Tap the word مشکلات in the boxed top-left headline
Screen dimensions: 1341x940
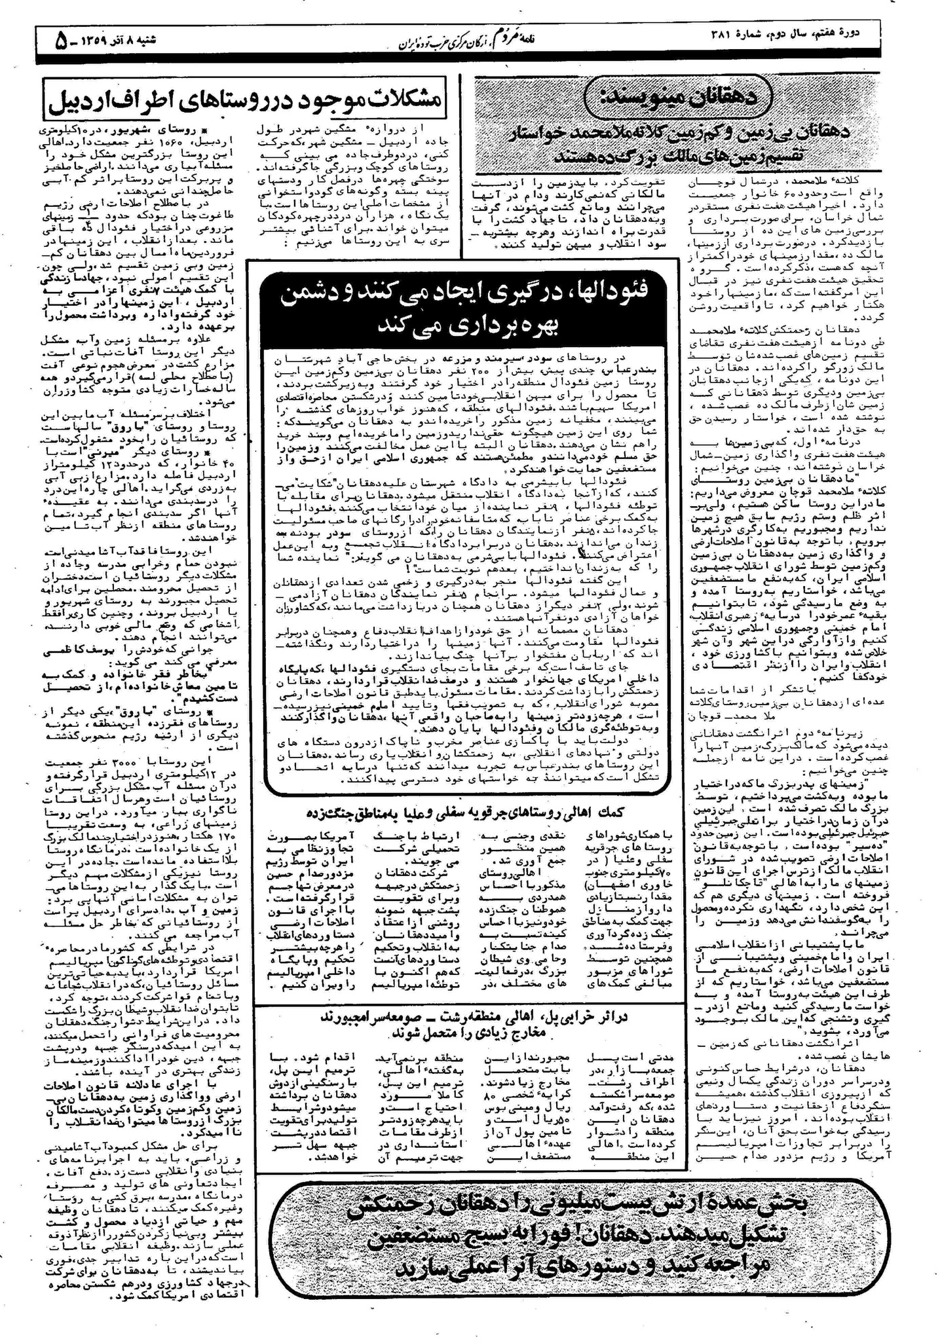coord(400,100)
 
